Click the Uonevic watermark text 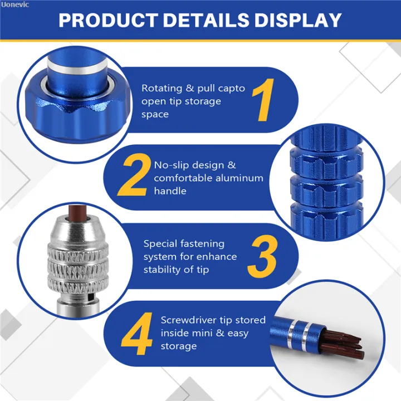[14, 4]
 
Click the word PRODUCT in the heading [109, 20]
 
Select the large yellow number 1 [263, 100]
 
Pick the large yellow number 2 [134, 175]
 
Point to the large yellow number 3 [262, 256]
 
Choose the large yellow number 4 [137, 334]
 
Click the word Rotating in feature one [162, 89]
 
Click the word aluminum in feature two [239, 178]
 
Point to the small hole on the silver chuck [89, 297]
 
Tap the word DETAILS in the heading [206, 20]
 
